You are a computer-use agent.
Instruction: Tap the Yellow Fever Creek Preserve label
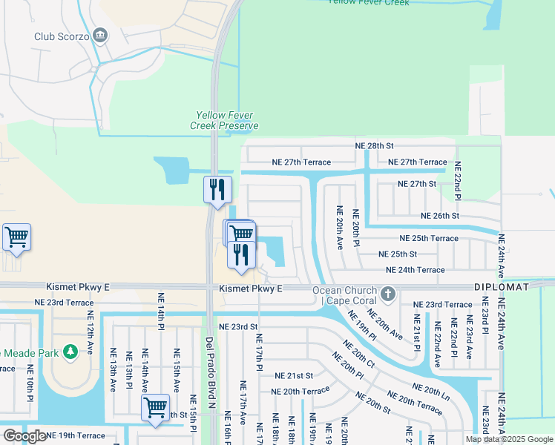tap(227, 120)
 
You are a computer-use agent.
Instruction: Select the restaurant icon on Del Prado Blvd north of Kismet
tap(217, 189)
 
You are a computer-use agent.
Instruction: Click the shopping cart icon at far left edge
tap(16, 237)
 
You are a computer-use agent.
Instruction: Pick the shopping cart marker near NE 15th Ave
tap(155, 407)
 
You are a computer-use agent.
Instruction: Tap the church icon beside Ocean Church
tap(387, 294)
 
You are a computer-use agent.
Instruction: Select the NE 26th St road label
tap(440, 216)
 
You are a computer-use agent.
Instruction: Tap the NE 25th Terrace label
tap(429, 238)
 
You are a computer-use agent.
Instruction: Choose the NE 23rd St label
tap(238, 326)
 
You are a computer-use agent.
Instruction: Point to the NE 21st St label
tap(294, 376)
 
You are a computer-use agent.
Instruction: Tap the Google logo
tap(24, 436)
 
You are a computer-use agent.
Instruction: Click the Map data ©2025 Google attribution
tap(508, 439)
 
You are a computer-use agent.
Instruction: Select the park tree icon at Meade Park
tap(71, 352)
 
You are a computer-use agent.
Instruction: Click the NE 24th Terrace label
tap(415, 270)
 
